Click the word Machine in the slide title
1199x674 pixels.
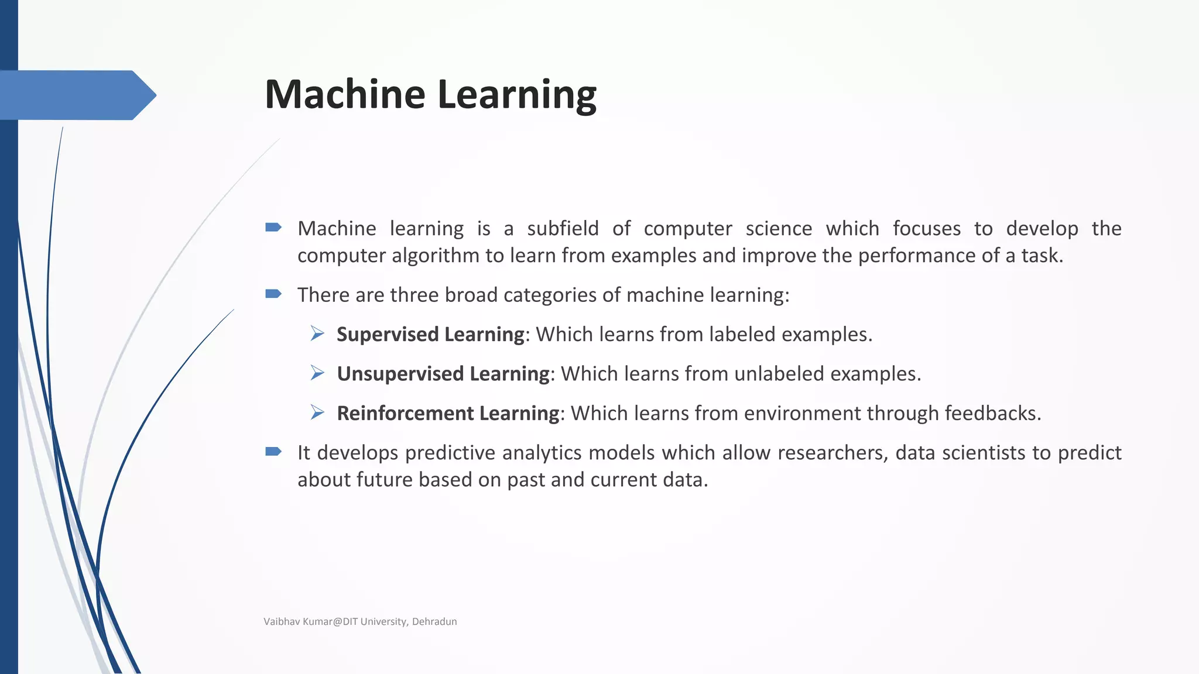[x=344, y=94]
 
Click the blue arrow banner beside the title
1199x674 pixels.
[x=76, y=95]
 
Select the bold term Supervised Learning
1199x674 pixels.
[x=430, y=334]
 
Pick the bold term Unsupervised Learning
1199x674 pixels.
[x=443, y=374]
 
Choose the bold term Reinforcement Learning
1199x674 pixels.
[x=448, y=413]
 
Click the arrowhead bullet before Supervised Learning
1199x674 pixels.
[x=317, y=334]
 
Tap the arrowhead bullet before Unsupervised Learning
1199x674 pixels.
[x=317, y=373]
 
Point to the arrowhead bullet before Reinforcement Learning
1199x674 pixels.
[x=317, y=413]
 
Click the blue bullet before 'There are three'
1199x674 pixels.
[x=273, y=294]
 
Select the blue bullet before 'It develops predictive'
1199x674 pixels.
[x=273, y=451]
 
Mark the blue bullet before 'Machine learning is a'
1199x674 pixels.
[x=273, y=227]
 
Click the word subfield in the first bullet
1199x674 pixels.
[x=563, y=228]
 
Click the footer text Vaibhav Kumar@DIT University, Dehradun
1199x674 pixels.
[x=360, y=621]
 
